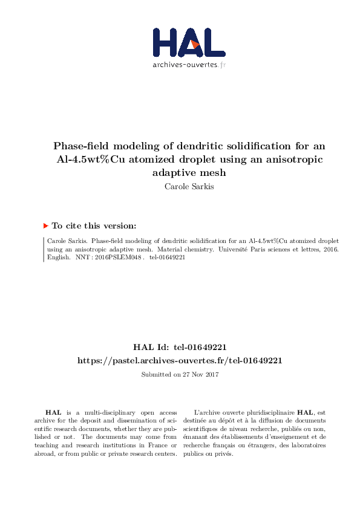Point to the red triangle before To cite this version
pos(45,225)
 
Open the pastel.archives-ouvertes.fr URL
pos(180,360)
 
